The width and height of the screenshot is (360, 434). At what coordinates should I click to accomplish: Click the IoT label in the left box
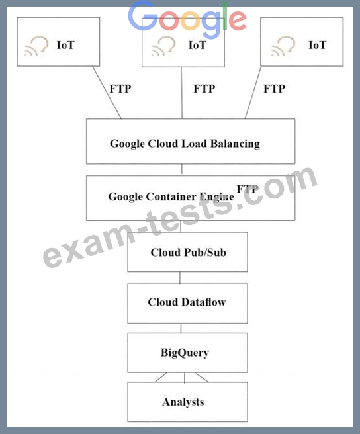tap(66, 45)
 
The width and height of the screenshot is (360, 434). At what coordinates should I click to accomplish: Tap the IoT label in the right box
tap(318, 45)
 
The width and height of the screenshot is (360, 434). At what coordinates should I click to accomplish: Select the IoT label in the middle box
tap(197, 45)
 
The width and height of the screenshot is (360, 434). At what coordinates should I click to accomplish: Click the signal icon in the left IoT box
tap(36, 46)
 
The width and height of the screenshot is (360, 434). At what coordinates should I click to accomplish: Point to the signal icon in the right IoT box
tap(283, 46)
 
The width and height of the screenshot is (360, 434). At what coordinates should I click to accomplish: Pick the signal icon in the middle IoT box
tap(163, 46)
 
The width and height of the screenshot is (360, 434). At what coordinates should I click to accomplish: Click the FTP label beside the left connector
tap(120, 89)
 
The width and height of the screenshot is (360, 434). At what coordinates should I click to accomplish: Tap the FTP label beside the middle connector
tap(204, 89)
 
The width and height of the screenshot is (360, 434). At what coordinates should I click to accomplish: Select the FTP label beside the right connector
tap(274, 89)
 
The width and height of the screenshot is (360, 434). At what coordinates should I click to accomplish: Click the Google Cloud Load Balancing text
tap(185, 144)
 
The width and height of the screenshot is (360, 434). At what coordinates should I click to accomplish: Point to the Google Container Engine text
tap(171, 197)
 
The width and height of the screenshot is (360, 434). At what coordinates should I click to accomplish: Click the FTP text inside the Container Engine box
tap(248, 189)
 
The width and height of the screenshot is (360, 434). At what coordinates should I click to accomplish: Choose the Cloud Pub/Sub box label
tap(189, 253)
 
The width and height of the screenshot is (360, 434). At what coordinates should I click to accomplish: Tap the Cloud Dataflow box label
tap(187, 302)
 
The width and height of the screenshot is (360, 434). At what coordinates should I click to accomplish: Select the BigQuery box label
tap(185, 353)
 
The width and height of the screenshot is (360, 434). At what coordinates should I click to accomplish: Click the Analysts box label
tap(183, 402)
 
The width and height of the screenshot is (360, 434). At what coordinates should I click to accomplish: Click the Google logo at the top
tap(187, 19)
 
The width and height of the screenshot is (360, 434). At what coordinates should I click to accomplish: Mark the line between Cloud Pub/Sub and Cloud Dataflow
tap(180, 278)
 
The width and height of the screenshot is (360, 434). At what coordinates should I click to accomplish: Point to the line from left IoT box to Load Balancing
tap(107, 93)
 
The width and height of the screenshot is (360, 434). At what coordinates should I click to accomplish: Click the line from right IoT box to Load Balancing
tap(253, 93)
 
